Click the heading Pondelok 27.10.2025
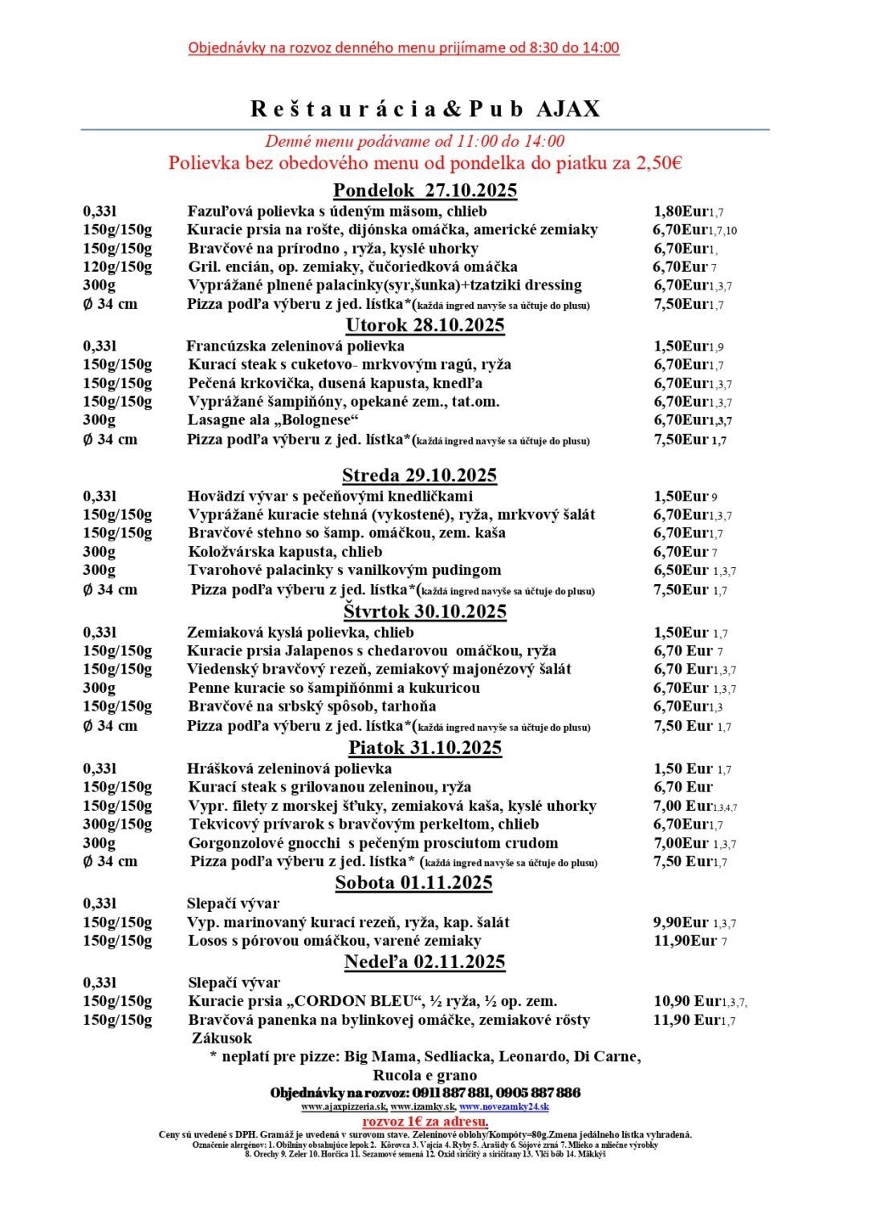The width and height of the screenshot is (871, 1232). click(x=425, y=191)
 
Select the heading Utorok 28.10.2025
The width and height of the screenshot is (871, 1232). click(x=425, y=325)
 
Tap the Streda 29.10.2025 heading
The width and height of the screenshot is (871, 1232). click(x=419, y=475)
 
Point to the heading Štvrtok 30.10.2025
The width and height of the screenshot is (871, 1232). click(x=425, y=611)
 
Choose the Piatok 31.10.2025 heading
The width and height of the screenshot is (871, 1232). click(x=425, y=748)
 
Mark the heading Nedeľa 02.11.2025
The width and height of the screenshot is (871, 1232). click(x=425, y=962)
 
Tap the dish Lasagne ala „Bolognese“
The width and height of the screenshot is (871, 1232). click(x=273, y=420)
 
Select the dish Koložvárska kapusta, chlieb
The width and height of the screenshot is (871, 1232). click(x=285, y=552)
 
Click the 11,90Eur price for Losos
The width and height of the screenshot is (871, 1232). click(x=685, y=941)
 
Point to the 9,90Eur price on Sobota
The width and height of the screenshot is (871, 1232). click(x=681, y=922)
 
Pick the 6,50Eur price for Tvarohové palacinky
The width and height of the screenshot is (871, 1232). click(x=681, y=570)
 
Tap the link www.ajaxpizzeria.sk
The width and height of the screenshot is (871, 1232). click(x=344, y=1107)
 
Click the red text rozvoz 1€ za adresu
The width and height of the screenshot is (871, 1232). click(x=425, y=1121)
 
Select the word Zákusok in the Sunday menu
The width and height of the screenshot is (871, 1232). click(x=222, y=1038)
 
